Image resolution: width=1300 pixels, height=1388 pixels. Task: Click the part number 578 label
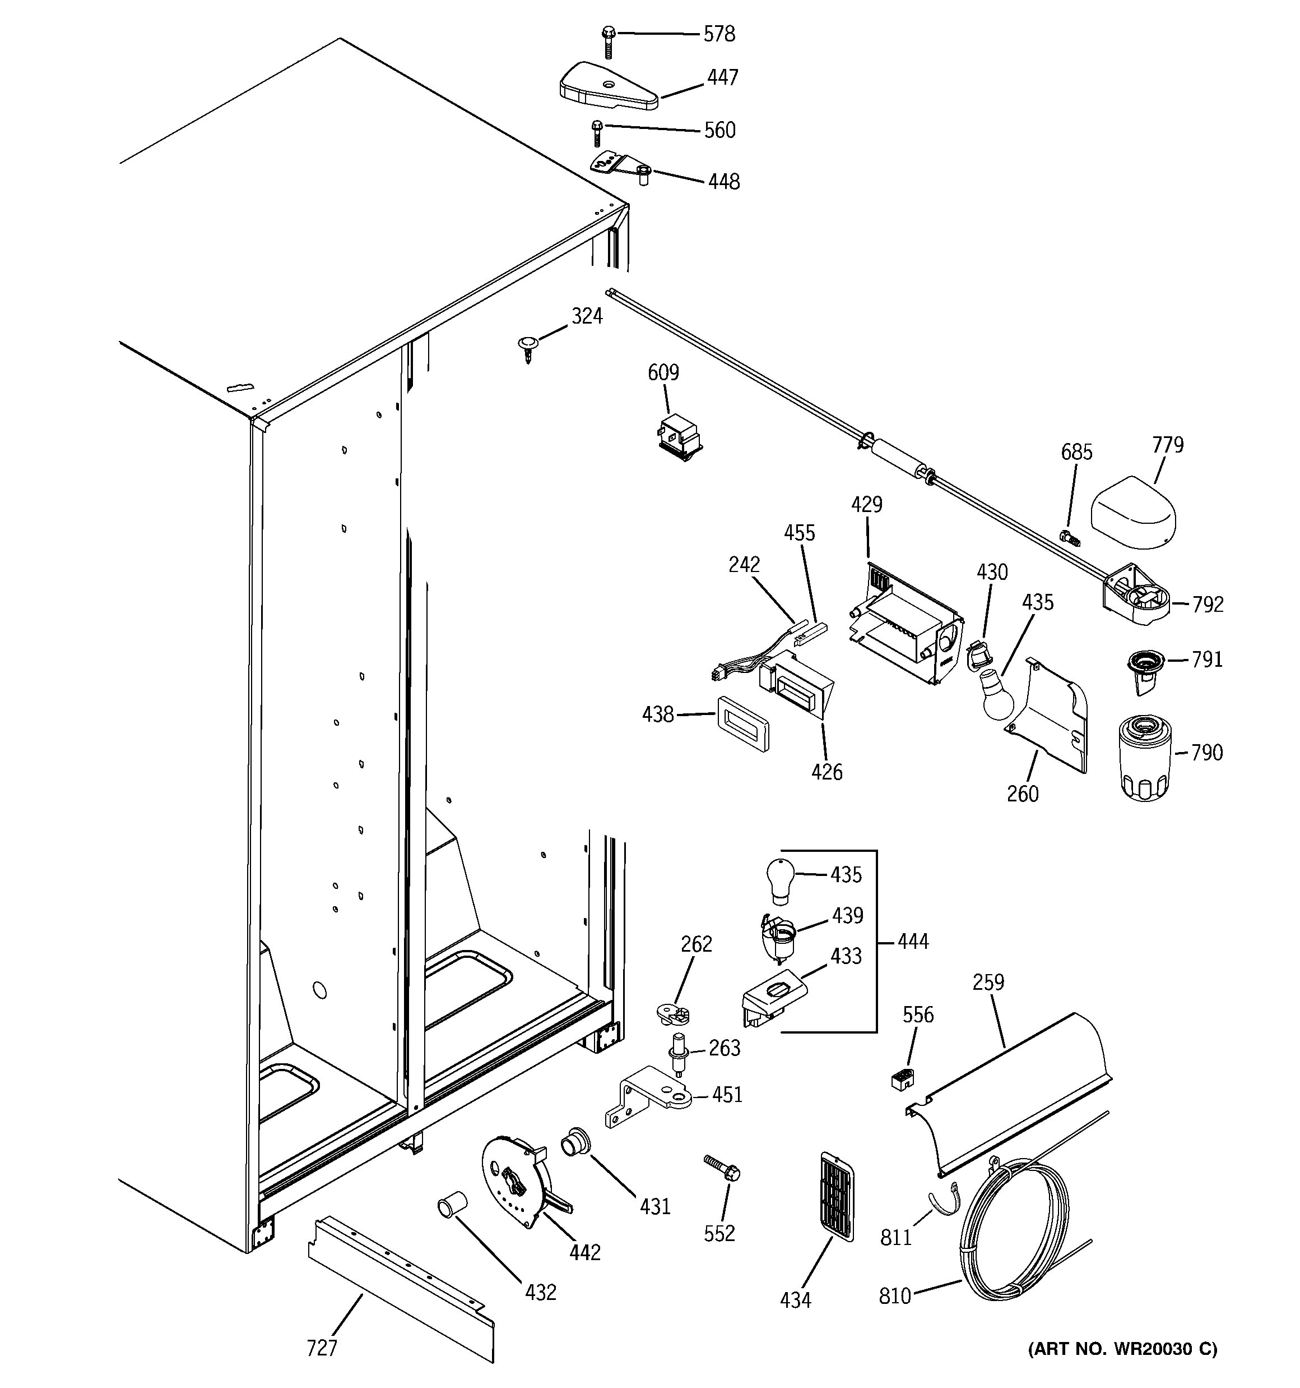[x=719, y=34]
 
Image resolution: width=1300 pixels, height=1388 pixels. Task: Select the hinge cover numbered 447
[x=609, y=86]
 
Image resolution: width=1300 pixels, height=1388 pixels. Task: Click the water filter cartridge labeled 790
[x=1144, y=757]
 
